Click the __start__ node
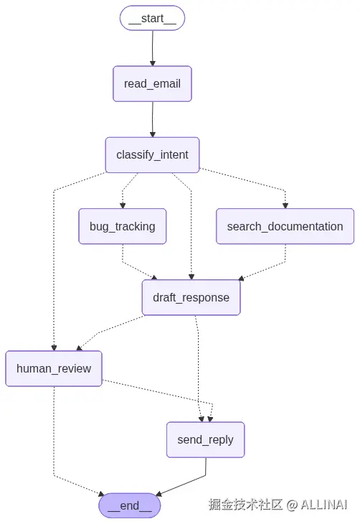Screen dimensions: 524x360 tap(152, 19)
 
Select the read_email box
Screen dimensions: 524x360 tap(152, 84)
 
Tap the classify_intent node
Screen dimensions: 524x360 tap(152, 155)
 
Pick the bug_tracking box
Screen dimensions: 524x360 tap(122, 226)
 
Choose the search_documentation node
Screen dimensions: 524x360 tap(285, 226)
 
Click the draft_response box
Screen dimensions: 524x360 tap(191, 297)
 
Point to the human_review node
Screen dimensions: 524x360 tap(54, 368)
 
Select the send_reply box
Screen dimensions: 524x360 tap(205, 439)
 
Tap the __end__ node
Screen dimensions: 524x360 tap(130, 505)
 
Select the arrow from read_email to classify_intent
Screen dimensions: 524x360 tap(152, 119)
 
